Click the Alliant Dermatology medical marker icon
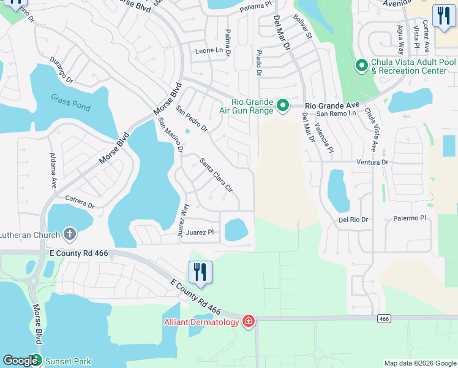pos(248,321)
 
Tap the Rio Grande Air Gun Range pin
pos(283,107)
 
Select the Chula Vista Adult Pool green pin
pos(361,65)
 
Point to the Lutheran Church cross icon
pos(70,234)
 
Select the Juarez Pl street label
pos(200,232)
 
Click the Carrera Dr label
pos(80,202)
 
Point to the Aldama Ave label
pos(53,170)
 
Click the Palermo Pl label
pos(409,218)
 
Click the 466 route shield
pos(384,318)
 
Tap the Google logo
pos(20,361)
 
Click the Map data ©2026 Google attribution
pos(419,363)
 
